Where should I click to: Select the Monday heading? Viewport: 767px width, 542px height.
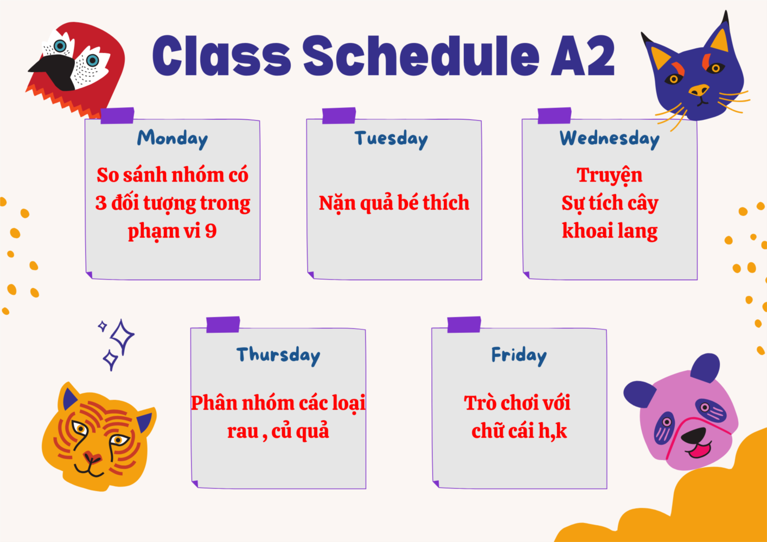172,139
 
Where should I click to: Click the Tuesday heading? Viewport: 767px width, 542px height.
391,139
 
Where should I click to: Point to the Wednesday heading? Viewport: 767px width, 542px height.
610,139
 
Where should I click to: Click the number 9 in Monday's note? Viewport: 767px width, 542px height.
211,231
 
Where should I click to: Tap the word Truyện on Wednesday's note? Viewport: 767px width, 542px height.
610,176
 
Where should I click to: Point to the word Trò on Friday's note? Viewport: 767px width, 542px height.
478,403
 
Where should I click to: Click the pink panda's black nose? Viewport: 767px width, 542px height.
693,437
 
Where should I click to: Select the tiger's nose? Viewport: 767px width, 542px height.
92,456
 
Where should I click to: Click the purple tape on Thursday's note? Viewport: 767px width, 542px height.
223,324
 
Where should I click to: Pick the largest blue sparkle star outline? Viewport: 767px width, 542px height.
122,337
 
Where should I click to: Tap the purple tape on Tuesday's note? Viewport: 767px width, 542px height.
338,115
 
